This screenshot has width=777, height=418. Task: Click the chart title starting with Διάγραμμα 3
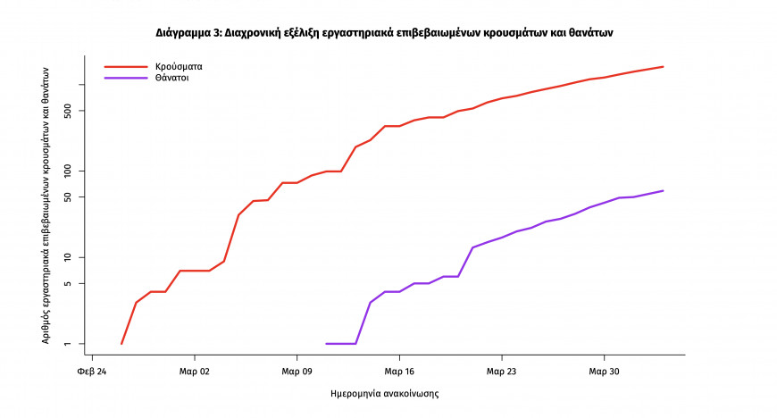pos(385,32)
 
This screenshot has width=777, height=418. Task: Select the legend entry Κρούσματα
pos(179,66)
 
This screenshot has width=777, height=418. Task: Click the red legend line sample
pos(125,66)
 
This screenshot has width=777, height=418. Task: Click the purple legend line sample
pos(125,78)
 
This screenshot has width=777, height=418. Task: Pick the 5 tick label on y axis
pos(76,283)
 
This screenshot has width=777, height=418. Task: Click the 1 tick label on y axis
pos(76,344)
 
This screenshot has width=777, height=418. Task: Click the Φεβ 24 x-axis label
pos(92,371)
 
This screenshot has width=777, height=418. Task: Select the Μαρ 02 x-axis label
pos(194,371)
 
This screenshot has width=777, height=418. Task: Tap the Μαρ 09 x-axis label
pos(297,371)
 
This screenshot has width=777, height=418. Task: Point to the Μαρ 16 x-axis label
pos(399,371)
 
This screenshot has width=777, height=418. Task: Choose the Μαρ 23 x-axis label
pos(501,371)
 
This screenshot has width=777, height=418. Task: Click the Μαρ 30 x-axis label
pos(604,371)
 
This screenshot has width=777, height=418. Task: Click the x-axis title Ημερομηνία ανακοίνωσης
pos(385,393)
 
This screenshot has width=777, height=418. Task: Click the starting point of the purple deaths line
pos(327,344)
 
